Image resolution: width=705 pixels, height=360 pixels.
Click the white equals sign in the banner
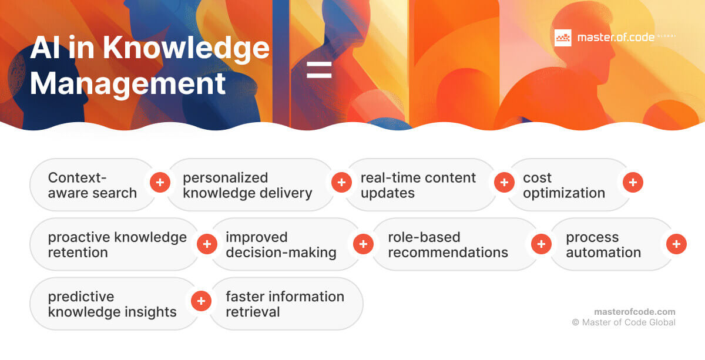319,69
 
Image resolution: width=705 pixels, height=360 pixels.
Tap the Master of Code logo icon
563,38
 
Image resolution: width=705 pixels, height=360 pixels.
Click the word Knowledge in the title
186,48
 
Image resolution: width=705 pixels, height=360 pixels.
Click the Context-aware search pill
92,185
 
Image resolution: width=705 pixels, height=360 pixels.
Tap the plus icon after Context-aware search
160,183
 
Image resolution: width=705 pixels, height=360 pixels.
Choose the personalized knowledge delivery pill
247,185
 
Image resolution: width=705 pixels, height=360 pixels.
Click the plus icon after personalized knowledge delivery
341,183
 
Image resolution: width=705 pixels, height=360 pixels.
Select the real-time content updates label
418,185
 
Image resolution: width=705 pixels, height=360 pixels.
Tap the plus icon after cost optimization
633,183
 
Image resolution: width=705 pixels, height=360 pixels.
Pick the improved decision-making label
281,244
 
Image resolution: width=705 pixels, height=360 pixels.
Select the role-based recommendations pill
448,244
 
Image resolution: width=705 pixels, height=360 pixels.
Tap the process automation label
603,244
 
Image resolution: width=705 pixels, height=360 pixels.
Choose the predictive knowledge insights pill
112,304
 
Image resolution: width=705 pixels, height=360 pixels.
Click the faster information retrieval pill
284,304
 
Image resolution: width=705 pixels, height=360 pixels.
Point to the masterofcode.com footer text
634,312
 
